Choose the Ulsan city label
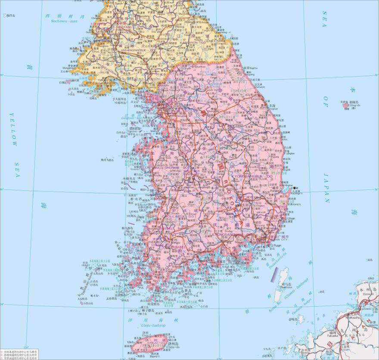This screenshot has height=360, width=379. [289, 219]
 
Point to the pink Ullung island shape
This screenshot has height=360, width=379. [346, 106]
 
